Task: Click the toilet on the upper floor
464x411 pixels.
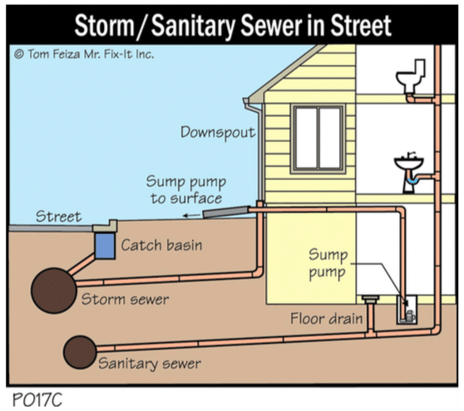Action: tap(411, 76)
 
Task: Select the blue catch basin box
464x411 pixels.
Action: tap(105, 246)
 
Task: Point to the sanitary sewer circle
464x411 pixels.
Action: tap(80, 352)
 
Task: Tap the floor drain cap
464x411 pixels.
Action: tap(371, 299)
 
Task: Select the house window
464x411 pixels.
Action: tap(318, 139)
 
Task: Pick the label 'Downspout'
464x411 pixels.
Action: tap(218, 132)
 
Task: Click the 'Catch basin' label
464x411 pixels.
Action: tap(161, 245)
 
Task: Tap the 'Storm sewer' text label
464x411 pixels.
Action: tap(125, 299)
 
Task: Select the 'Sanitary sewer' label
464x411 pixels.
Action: tap(150, 364)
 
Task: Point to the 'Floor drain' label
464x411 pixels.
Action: tap(327, 319)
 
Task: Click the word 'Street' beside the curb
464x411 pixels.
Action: tap(58, 217)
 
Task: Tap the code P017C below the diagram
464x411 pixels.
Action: tap(37, 399)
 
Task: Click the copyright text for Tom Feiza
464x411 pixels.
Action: tap(84, 54)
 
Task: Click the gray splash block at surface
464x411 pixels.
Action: tap(225, 212)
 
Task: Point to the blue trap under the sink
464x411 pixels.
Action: tap(412, 179)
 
